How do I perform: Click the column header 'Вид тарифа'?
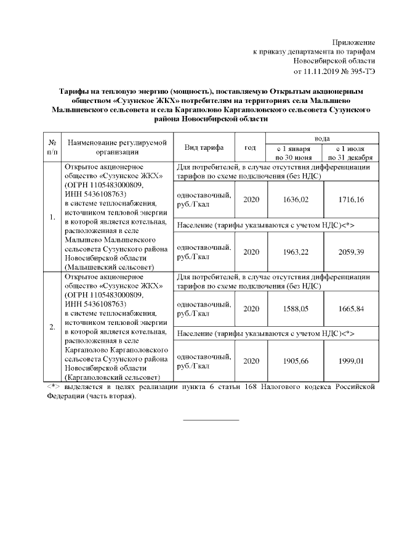tap(204, 148)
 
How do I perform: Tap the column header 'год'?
tap(251, 148)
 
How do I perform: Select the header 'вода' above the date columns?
tap(321, 139)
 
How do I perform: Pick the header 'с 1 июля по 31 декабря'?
tap(351, 153)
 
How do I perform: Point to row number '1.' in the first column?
tap(52, 217)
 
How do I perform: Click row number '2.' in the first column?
tap(52, 326)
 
